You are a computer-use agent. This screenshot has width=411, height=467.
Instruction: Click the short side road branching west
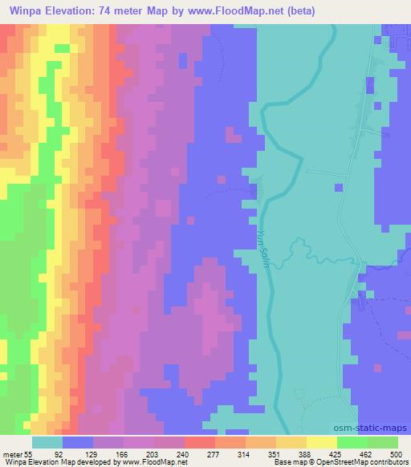[323, 173]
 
